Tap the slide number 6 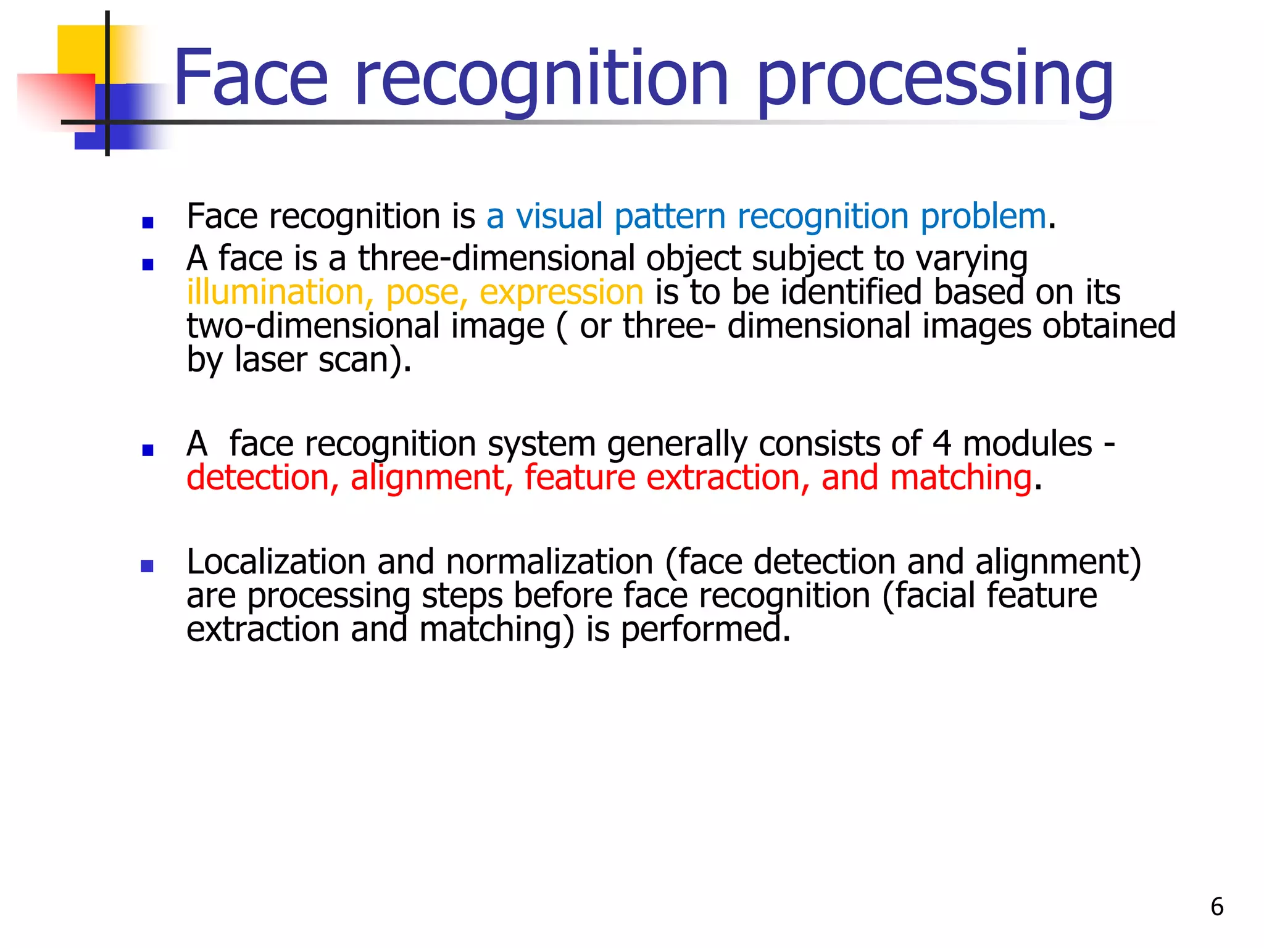pyautogui.click(x=1216, y=907)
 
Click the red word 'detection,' pyautogui.click(x=262, y=478)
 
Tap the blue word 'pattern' pyautogui.click(x=670, y=217)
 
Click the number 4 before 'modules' pyautogui.click(x=941, y=444)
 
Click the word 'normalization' pyautogui.click(x=549, y=562)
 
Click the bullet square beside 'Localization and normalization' pyautogui.click(x=147, y=566)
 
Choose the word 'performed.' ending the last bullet pyautogui.click(x=705, y=631)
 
